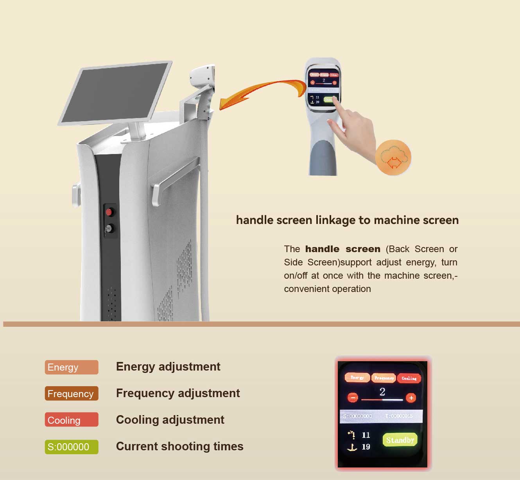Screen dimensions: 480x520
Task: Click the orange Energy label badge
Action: [72, 367]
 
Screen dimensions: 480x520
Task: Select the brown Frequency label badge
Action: [72, 394]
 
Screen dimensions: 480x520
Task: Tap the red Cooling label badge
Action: [72, 420]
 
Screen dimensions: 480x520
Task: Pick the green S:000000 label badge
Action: [72, 446]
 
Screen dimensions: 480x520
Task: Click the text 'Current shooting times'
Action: [179, 446]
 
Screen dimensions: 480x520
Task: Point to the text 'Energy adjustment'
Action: [168, 367]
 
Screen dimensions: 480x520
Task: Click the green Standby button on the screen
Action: [400, 440]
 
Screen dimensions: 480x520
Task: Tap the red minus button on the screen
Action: [353, 398]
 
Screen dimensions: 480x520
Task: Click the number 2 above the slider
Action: [382, 392]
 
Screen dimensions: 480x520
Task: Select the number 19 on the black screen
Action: [366, 447]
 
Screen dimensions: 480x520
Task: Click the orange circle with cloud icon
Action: [393, 158]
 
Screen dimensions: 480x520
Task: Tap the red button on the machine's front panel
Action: [109, 212]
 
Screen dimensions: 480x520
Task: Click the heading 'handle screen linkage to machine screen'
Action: [347, 220]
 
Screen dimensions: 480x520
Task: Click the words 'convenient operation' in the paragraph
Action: [327, 289]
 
